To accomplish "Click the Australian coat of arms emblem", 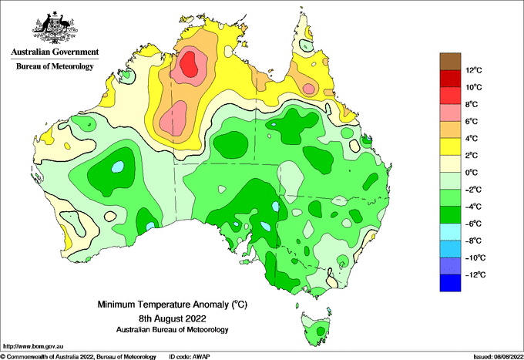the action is click(x=55, y=28).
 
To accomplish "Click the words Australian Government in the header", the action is click(x=55, y=52).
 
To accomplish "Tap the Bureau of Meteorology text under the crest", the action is click(x=55, y=66).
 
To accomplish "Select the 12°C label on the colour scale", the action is click(x=474, y=70).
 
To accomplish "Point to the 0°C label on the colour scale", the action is click(x=472, y=173).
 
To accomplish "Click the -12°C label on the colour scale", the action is click(x=475, y=274).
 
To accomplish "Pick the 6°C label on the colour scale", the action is click(x=472, y=121).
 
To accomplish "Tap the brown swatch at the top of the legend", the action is click(x=450, y=62).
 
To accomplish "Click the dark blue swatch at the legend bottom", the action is click(x=450, y=283).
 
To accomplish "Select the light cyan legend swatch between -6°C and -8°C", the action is click(x=450, y=231).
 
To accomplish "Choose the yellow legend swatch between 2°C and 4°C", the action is click(x=450, y=146).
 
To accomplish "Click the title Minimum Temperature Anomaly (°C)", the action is click(x=173, y=304).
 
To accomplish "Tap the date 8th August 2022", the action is click(x=173, y=318).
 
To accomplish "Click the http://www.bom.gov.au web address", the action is click(x=33, y=346).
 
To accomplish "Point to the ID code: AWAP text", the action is click(x=190, y=357).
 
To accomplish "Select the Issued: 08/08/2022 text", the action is click(x=498, y=357).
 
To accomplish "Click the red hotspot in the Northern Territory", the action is click(x=189, y=64).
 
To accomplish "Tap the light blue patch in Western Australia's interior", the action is click(x=118, y=167).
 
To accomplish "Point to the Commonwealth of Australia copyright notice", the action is click(x=79, y=357).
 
